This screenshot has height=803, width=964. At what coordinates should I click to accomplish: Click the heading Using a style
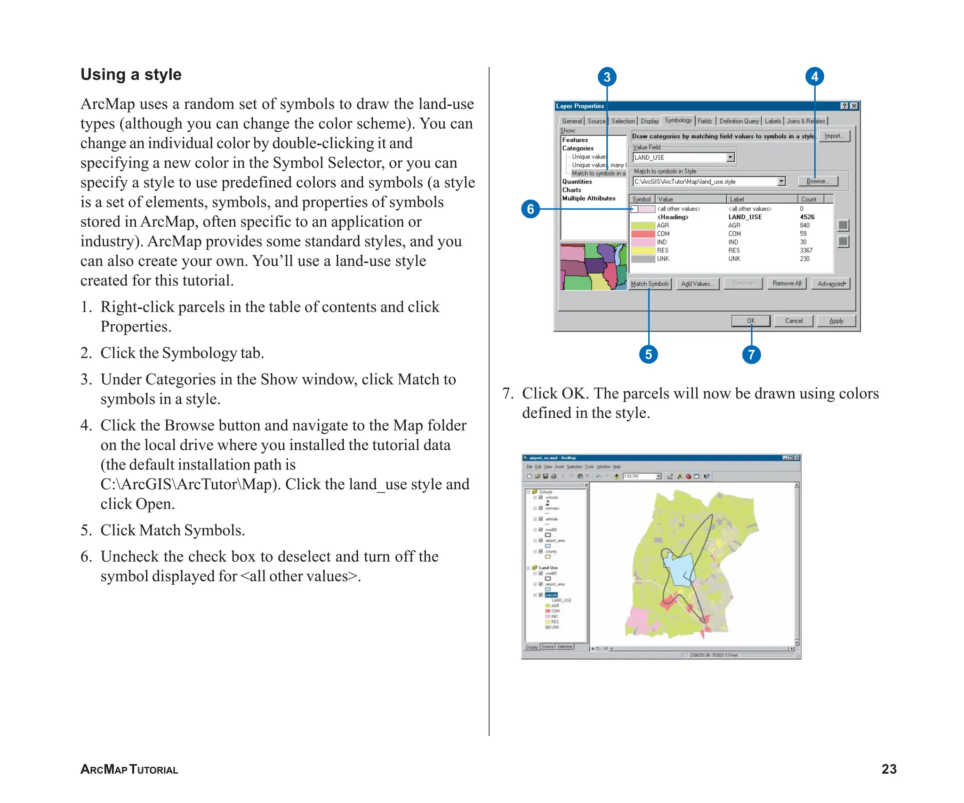131,74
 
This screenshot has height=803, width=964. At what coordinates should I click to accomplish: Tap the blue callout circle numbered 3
607,77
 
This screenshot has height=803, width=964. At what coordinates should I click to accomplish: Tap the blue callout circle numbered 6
530,209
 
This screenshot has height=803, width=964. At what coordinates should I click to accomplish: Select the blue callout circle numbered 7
751,354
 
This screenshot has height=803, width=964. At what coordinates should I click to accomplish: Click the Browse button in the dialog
818,181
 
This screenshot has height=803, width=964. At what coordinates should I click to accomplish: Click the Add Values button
697,284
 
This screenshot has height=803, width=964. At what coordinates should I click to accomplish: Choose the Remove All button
787,283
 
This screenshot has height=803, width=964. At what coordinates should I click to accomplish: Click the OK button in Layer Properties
751,321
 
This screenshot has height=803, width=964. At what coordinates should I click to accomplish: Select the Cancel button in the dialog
794,321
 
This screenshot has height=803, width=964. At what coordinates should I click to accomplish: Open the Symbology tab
678,120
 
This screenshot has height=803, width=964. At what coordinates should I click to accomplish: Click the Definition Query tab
739,121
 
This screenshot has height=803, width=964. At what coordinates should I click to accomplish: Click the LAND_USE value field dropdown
730,158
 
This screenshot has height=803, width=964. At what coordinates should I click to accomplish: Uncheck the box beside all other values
634,209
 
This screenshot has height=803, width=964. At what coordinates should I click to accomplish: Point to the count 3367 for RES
806,250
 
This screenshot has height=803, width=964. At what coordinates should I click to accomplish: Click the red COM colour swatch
643,234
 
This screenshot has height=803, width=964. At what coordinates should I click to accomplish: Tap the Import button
834,136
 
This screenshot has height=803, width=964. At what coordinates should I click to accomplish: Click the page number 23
889,769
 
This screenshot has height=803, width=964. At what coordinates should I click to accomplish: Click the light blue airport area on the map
678,572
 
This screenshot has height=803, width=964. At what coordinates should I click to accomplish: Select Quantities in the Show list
577,182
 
